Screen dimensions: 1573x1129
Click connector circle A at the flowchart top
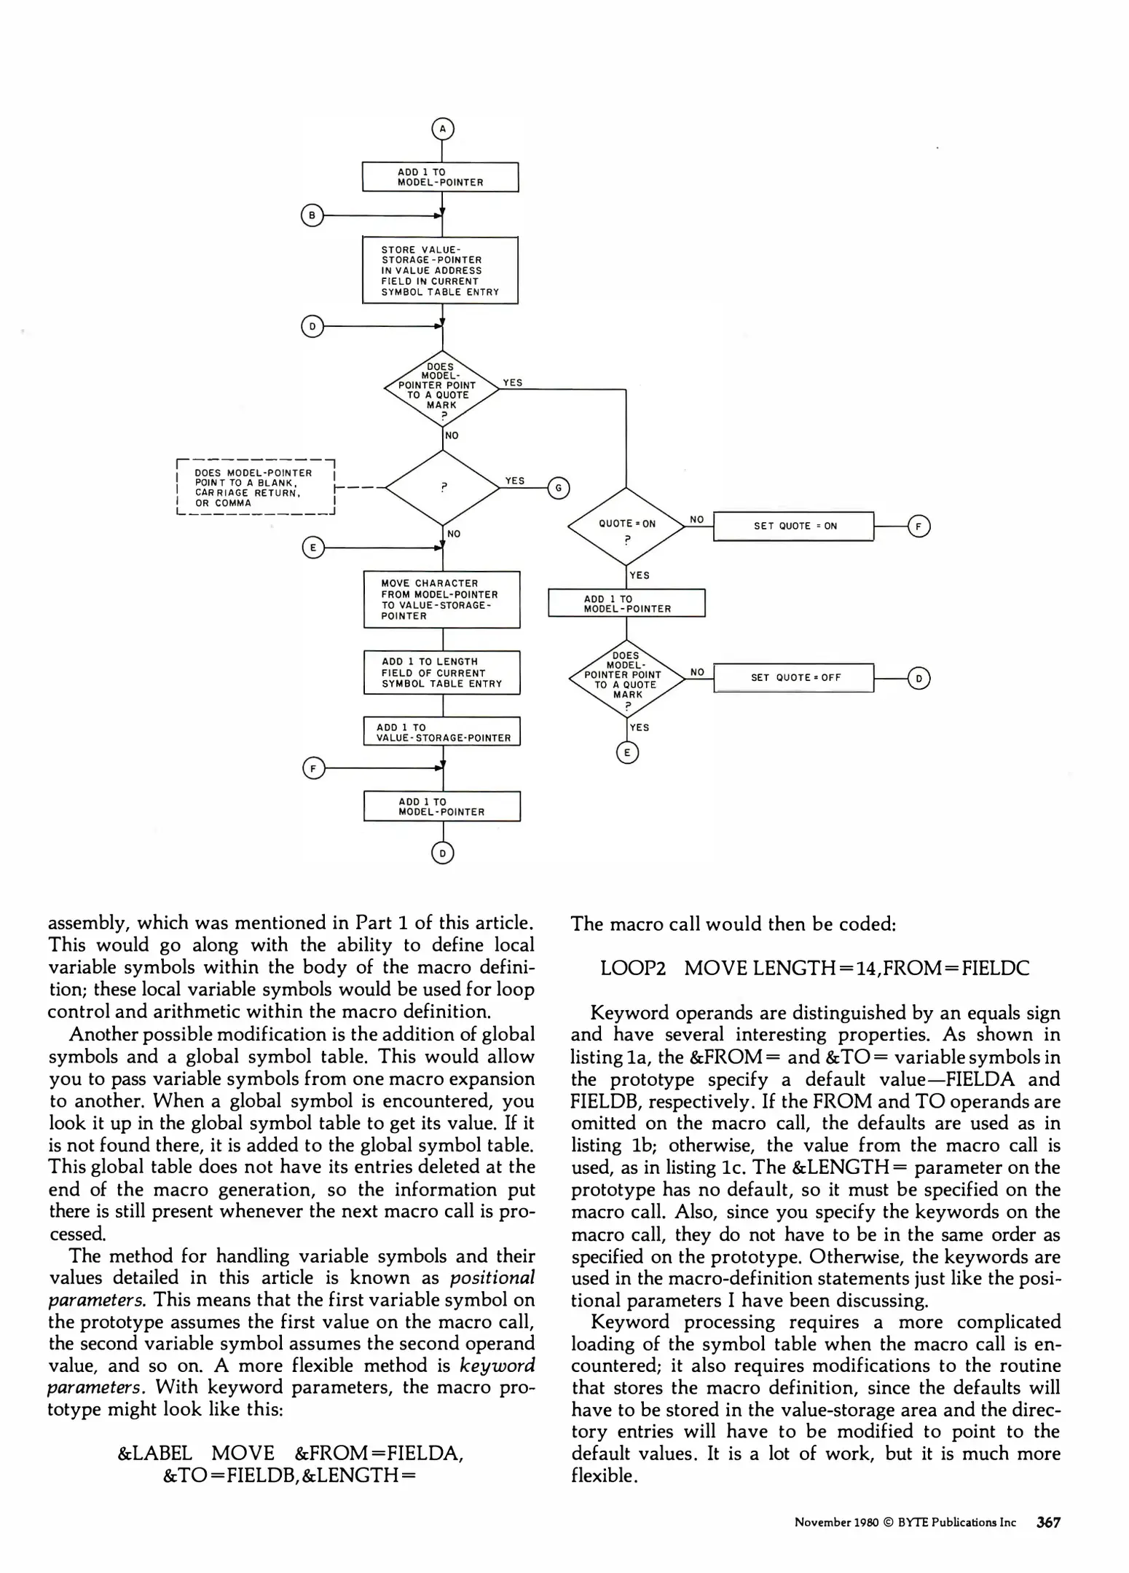tap(442, 129)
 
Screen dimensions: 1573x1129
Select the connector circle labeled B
tap(312, 216)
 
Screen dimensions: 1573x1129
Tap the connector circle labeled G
tap(559, 488)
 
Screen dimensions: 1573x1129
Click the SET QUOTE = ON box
tap(793, 526)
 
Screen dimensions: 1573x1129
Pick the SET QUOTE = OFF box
tap(793, 677)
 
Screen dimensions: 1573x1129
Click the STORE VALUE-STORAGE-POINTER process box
tap(440, 270)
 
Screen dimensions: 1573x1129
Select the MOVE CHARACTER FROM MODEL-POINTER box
tap(441, 599)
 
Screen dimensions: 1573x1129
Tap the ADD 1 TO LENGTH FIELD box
tap(441, 672)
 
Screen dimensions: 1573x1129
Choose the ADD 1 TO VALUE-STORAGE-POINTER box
tap(442, 732)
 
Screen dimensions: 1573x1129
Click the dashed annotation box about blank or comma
tap(254, 487)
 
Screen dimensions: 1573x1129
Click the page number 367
tap(1047, 1521)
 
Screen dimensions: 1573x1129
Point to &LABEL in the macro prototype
tap(154, 1453)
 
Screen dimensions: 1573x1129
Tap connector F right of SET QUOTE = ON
tap(919, 526)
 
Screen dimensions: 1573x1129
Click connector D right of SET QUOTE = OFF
tap(919, 678)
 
